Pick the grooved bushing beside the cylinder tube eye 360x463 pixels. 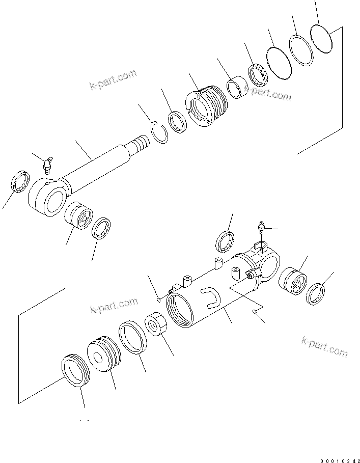[x=295, y=281]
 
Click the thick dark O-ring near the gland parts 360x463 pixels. [x=279, y=63]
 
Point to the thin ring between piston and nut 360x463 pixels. [x=133, y=337]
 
